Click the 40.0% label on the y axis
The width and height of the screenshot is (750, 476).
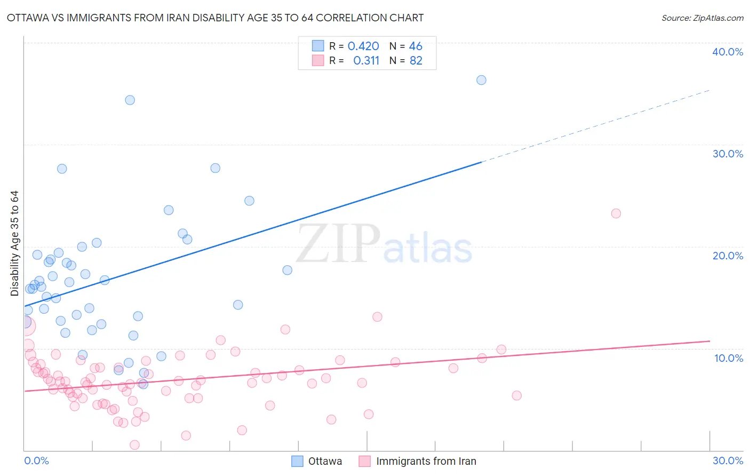728,52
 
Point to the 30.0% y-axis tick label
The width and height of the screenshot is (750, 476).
728,154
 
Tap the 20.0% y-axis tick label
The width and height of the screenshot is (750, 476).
728,256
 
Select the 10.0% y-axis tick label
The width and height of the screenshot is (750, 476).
729,358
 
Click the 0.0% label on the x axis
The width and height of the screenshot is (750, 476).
36,461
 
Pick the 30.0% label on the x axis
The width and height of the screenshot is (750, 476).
728,461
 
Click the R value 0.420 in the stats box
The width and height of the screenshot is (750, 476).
363,46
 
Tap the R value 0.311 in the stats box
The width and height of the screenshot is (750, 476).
366,61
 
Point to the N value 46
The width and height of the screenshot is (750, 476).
416,46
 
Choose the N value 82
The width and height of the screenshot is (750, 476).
416,61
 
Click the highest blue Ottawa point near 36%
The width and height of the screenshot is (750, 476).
481,80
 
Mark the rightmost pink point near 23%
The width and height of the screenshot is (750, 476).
616,213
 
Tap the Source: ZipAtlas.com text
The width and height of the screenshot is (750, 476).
702,18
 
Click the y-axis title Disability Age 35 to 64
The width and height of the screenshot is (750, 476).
14,243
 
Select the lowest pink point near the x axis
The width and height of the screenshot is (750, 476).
134,445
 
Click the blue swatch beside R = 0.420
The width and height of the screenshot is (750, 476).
318,46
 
